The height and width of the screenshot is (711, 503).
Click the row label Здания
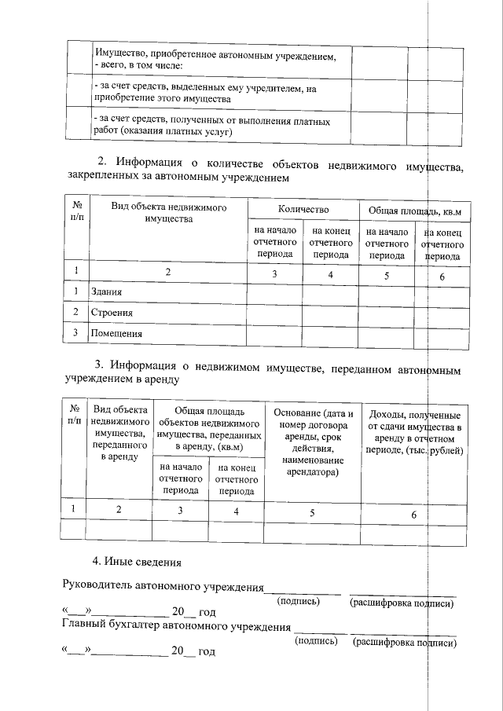pos(106,292)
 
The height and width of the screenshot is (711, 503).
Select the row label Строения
pos(111,313)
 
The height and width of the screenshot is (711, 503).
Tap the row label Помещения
pos(116,333)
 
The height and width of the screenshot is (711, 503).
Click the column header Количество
pos(303,210)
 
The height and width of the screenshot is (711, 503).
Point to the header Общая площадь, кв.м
pos(414,211)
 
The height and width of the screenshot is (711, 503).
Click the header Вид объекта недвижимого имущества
pos(168,213)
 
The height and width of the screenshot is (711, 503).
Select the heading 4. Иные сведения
pos(137,562)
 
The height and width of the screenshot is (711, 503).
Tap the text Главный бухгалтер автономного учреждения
pos(175,626)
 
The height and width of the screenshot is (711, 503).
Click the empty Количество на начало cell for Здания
pos(274,292)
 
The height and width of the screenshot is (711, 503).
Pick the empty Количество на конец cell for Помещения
pos(330,333)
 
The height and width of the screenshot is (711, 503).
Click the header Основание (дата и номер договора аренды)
pos(313,443)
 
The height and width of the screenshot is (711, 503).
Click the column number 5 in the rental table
pos(312,511)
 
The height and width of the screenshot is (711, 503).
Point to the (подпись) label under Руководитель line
pos(299,603)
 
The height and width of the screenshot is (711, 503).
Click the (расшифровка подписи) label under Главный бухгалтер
pos(405,643)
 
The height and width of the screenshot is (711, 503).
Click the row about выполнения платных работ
pos(216,125)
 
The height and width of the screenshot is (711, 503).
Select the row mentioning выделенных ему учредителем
pos(216,94)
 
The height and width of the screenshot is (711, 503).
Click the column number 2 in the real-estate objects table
pos(167,272)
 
